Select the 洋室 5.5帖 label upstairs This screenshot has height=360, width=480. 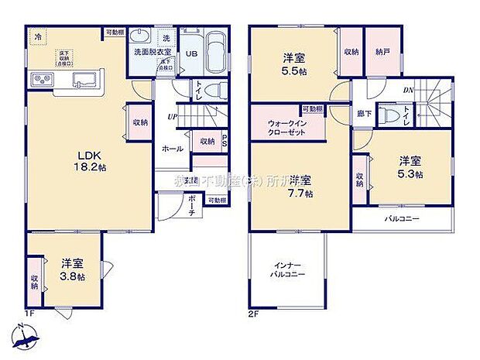click(x=293, y=64)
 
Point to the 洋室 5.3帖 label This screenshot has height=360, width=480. click(x=410, y=168)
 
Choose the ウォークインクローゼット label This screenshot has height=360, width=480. click(x=286, y=128)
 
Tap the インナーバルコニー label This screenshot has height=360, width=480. click(x=287, y=269)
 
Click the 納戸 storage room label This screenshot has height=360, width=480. click(x=382, y=52)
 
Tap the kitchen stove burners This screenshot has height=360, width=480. click(x=40, y=81)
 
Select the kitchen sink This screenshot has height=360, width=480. click(x=84, y=80)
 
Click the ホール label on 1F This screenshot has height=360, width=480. click(x=172, y=148)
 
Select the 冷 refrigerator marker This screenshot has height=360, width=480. click(x=36, y=36)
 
